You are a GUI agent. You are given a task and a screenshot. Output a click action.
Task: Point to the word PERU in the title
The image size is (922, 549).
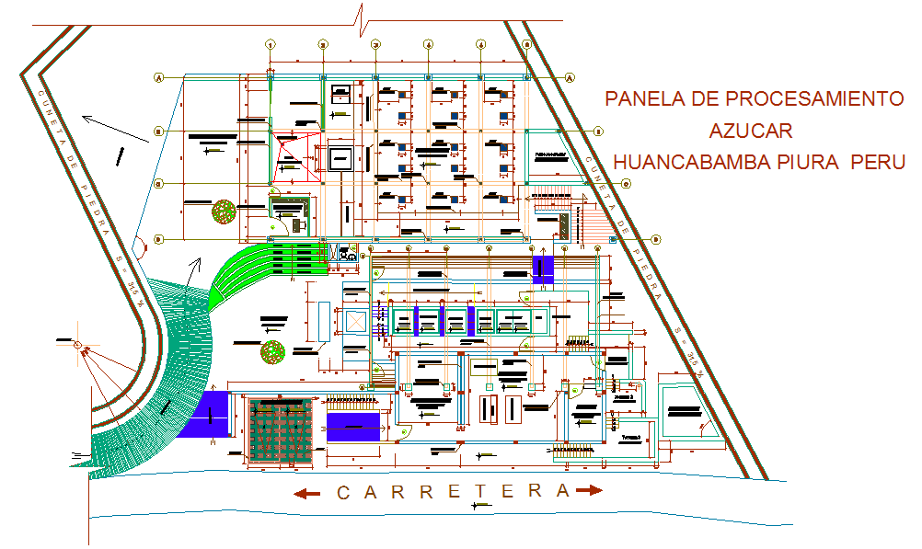[879, 162]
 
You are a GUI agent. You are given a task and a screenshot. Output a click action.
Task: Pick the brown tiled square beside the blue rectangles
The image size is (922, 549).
[281, 430]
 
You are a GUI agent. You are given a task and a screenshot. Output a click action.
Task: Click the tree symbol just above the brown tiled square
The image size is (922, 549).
[272, 351]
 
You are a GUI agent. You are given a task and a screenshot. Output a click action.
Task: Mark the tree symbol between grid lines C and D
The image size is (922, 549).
[224, 212]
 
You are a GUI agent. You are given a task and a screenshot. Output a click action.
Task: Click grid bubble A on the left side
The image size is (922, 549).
[158, 78]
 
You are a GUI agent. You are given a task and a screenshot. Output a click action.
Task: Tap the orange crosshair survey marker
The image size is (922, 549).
[79, 346]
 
